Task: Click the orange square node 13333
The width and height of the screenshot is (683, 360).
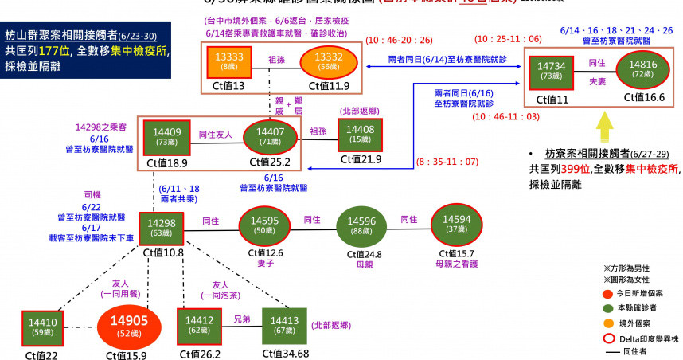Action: [229, 63]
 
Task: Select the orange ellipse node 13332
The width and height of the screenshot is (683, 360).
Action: [329, 61]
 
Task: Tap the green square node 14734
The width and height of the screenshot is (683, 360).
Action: [551, 71]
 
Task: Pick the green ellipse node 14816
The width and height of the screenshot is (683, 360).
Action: [642, 71]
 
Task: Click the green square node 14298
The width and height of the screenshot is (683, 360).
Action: [162, 228]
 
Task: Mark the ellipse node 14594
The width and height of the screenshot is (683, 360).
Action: [456, 225]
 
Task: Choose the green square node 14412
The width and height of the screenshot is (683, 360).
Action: [198, 327]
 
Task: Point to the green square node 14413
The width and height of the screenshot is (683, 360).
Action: [284, 326]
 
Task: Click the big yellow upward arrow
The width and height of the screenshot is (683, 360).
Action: [606, 123]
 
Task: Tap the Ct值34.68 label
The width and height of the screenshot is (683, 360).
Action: [284, 354]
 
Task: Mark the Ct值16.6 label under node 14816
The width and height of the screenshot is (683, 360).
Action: [644, 97]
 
